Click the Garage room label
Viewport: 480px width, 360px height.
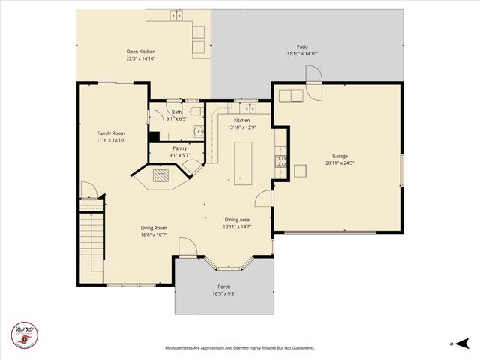coord(335,157)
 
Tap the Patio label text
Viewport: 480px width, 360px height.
coord(302,46)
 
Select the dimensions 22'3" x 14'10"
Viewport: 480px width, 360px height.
coord(140,58)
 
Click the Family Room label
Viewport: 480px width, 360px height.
coord(110,133)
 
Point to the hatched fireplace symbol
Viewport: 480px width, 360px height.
coord(162,175)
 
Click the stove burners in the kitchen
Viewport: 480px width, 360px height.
coord(282,160)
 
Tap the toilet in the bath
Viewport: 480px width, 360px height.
coord(194,112)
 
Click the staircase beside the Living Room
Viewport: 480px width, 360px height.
coord(91,235)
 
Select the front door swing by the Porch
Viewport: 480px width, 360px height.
coord(187,247)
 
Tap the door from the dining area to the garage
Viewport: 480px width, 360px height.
coord(263,198)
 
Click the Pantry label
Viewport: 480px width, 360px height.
coord(180,148)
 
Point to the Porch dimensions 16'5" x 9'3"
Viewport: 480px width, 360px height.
coord(225,293)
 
